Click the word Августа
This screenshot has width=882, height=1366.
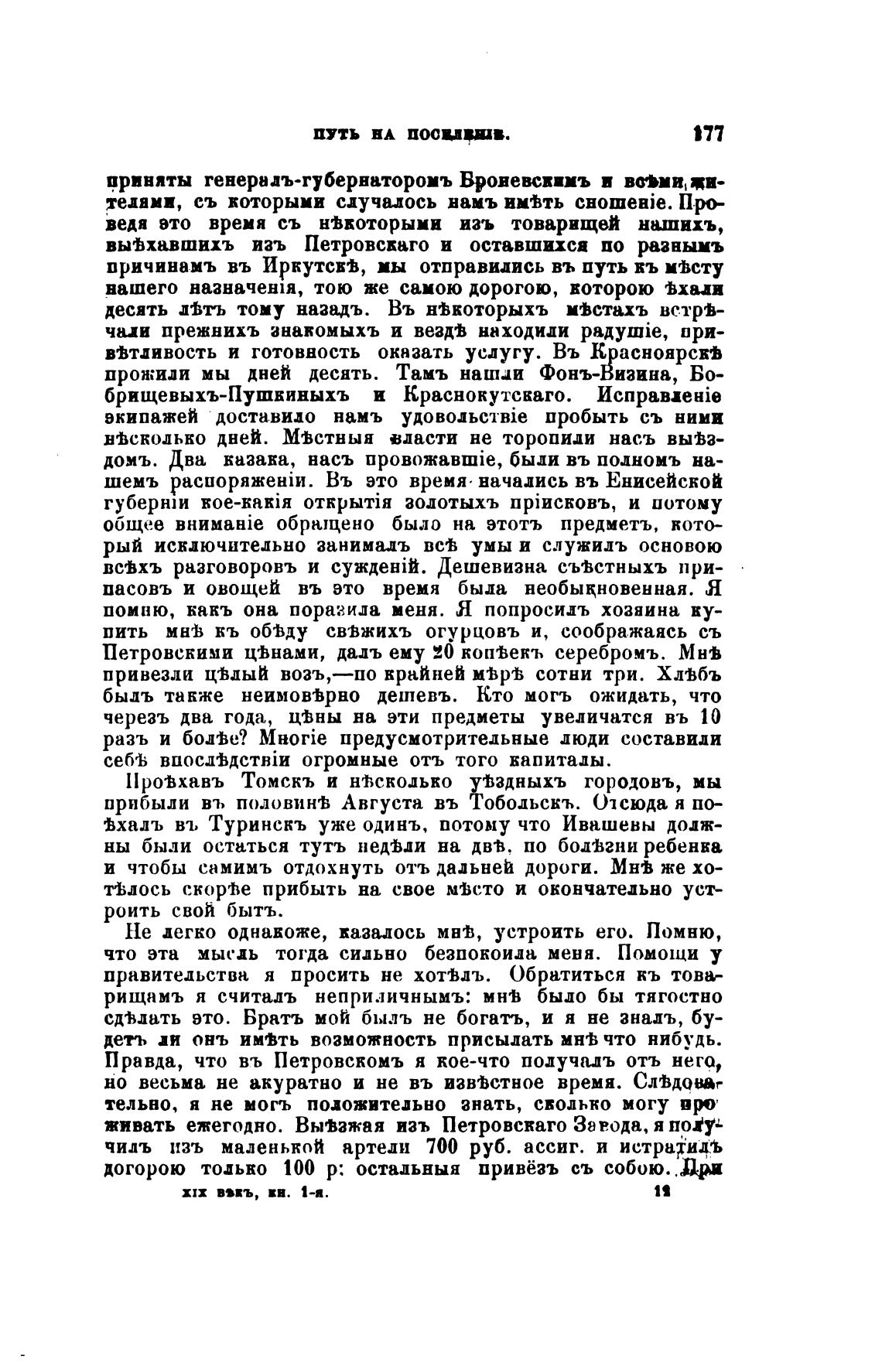pos(357,802)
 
